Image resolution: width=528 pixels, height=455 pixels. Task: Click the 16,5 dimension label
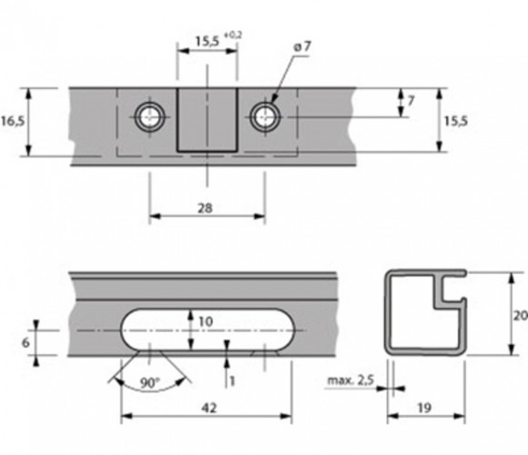pyautogui.click(x=13, y=121)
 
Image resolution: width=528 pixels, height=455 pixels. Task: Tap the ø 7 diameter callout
pyautogui.click(x=302, y=46)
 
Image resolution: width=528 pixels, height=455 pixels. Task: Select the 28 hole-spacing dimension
pyautogui.click(x=205, y=208)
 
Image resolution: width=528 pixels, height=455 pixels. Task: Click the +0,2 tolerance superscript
pyautogui.click(x=233, y=35)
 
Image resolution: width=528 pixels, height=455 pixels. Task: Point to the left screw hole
pyautogui.click(x=149, y=117)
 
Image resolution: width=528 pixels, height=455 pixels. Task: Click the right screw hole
pyautogui.click(x=265, y=117)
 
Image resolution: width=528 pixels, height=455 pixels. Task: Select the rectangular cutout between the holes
pyautogui.click(x=208, y=120)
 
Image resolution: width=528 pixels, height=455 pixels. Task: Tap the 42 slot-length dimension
pyautogui.click(x=209, y=408)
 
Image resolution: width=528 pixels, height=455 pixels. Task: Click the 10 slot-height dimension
pyautogui.click(x=206, y=322)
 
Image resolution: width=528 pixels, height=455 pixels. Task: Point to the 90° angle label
pyautogui.click(x=150, y=383)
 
